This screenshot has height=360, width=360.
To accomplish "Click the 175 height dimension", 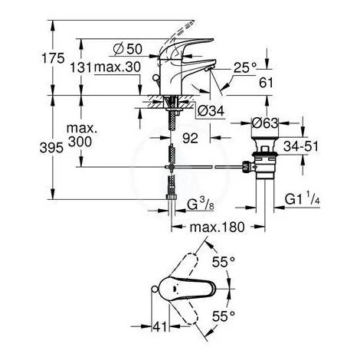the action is point(53,58).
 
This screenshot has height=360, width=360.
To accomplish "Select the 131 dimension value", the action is point(80,67).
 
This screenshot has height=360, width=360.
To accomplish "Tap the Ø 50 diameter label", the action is point(127,49).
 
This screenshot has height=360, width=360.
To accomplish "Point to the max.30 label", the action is point(117,67).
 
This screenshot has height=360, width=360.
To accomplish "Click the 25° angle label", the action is point(244,67).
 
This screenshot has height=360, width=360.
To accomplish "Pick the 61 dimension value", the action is point(266,83).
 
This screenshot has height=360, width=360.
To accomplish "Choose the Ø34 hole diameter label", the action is point(211,111).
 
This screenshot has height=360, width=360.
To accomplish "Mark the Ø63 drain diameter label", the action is point(265,123).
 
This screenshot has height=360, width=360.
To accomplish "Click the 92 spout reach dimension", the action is point(190,139).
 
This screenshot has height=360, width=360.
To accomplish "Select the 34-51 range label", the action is point(301,146).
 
